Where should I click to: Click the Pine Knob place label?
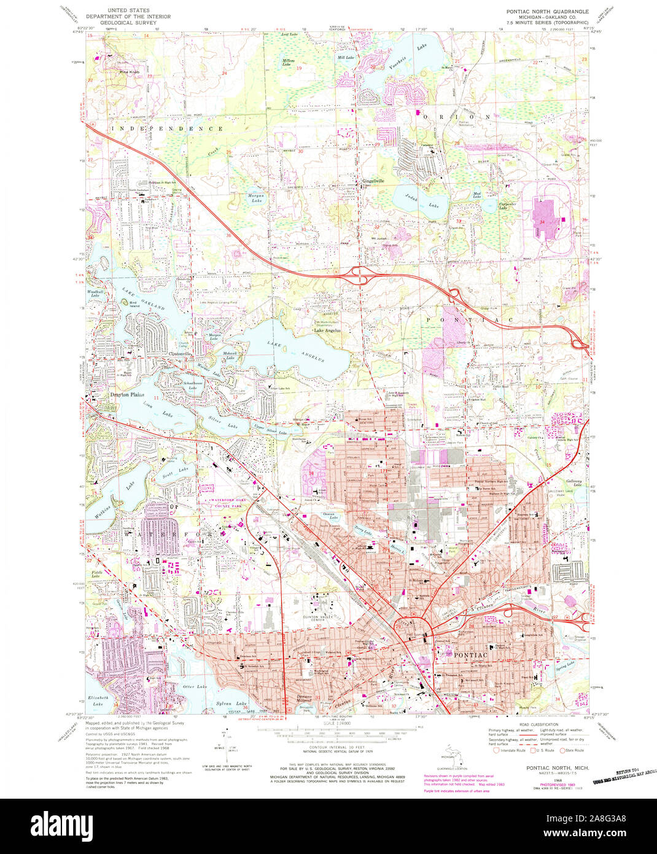click(x=130, y=72)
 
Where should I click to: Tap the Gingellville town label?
click(x=371, y=181)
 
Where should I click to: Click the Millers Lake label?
click(x=289, y=62)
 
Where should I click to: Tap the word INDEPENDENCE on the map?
click(x=167, y=129)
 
